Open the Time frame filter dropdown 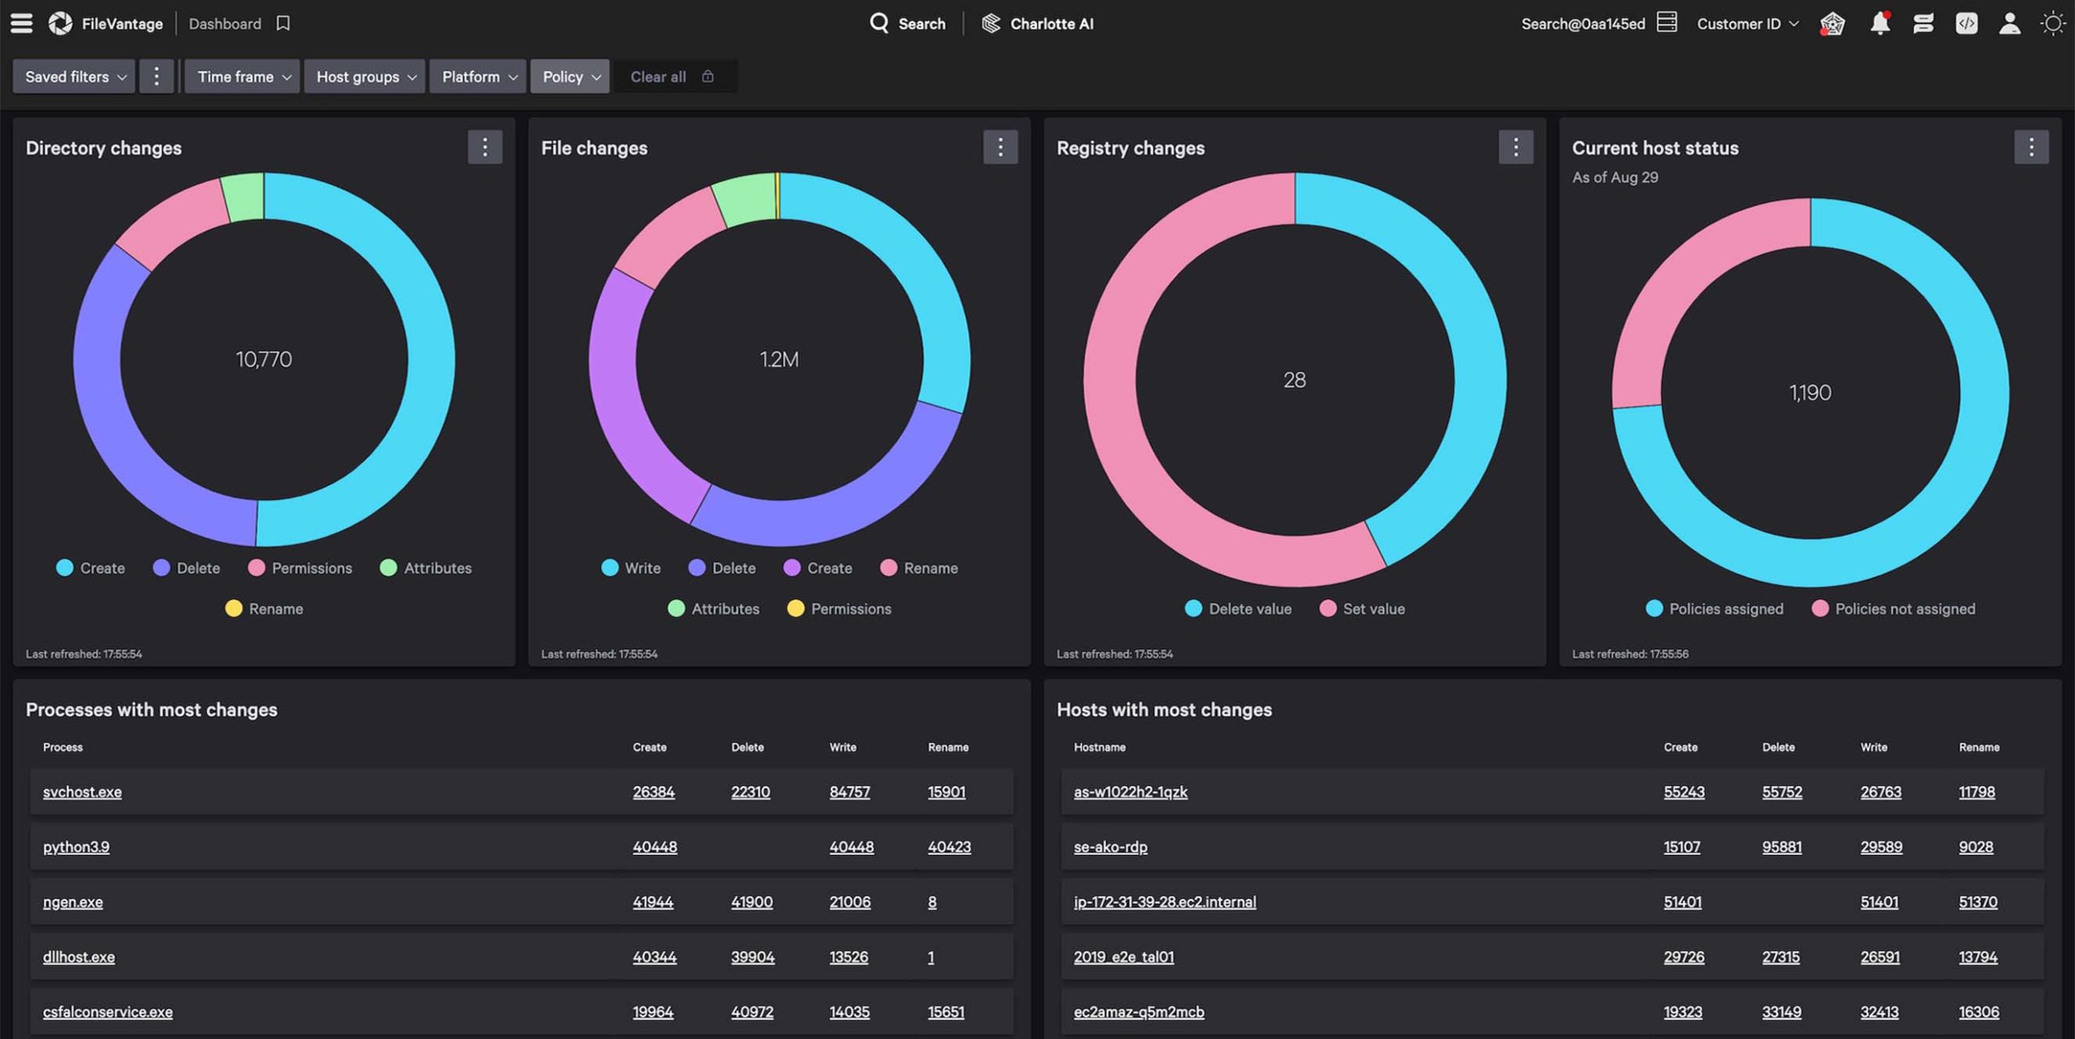coord(242,77)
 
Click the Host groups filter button coord(365,77)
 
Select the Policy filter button coord(570,77)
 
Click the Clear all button coord(658,77)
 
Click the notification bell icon coord(1880,24)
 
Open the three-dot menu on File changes coord(1000,148)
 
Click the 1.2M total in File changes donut coord(779,359)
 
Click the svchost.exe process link coord(82,792)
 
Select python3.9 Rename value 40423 coord(949,847)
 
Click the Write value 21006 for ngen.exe coord(849,902)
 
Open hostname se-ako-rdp coord(1110,847)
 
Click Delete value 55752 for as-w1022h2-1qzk coord(1782,792)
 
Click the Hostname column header coord(1099,747)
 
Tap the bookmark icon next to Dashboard coord(283,24)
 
